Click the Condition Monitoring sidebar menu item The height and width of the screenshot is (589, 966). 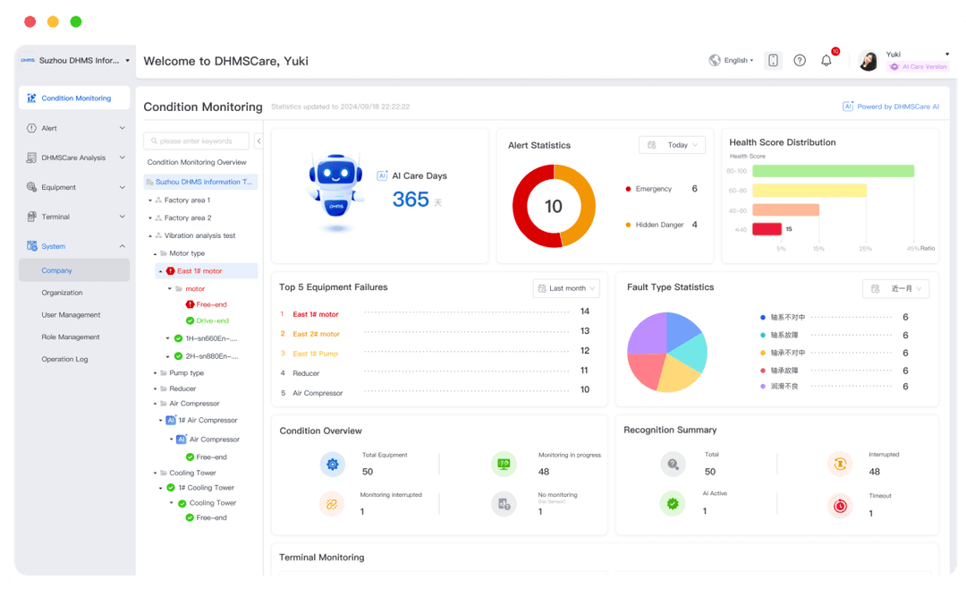pos(75,98)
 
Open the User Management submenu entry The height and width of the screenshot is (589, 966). pos(71,315)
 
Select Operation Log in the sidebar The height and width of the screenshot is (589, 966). pos(64,359)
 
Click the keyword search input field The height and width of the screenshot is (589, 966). pos(197,141)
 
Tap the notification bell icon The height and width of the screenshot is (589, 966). pos(826,60)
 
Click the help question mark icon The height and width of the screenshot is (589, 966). pos(800,60)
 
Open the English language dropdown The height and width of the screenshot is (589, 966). pos(732,60)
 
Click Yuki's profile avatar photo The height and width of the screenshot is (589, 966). pos(868,60)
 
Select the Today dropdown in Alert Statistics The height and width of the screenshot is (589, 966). pos(672,145)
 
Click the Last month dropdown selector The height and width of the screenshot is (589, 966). pos(566,288)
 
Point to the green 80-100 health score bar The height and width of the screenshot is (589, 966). pos(833,171)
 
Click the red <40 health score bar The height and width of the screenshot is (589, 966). pos(767,229)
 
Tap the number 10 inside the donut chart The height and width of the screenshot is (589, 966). pos(554,207)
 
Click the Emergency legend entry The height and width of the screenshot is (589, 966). pos(653,189)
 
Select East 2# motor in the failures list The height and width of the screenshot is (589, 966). pos(317,334)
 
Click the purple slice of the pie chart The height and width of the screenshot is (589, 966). pos(646,335)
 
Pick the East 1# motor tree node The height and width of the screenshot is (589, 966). pos(199,271)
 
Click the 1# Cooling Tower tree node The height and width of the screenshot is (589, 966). pos(210,488)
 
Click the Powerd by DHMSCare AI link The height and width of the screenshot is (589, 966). pos(891,107)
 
